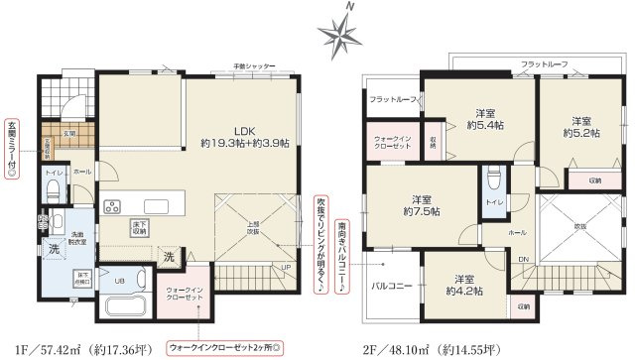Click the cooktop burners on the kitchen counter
110,207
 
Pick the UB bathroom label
119,281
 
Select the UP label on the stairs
285,268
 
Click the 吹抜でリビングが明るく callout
322,242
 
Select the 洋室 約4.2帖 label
463,285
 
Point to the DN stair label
525,260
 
